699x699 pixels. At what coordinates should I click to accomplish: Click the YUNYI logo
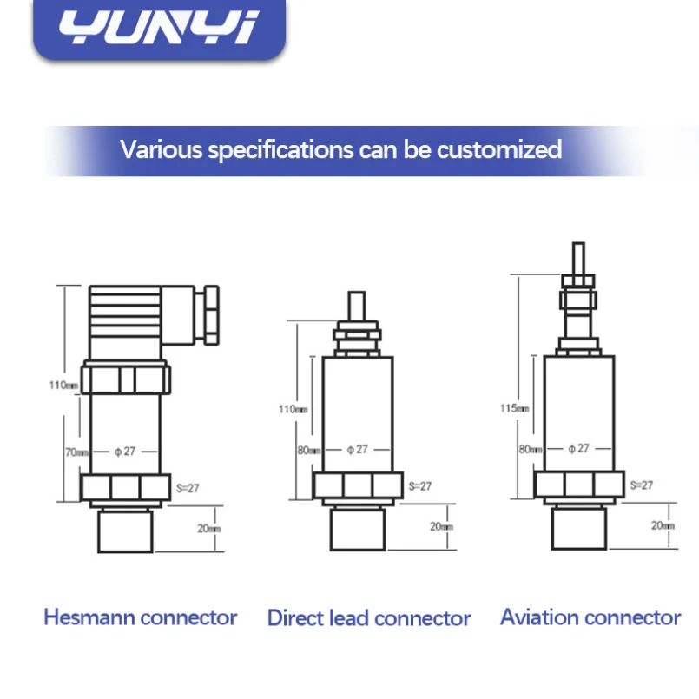pos(159,28)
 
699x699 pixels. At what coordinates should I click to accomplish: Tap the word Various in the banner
pos(162,149)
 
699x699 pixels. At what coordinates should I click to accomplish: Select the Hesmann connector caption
pos(141,617)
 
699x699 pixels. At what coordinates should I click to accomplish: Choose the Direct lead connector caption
pos(369,618)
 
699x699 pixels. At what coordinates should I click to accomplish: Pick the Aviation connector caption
pos(590,617)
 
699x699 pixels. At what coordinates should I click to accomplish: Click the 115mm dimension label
pos(514,408)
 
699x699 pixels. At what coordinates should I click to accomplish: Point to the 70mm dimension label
pos(76,452)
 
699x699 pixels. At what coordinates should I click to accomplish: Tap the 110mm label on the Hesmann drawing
pos(63,385)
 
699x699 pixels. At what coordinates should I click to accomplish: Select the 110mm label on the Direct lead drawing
pos(293,409)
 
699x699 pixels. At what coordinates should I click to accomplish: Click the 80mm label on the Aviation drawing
pos(531,449)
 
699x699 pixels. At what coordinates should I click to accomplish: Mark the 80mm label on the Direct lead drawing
pos(309,450)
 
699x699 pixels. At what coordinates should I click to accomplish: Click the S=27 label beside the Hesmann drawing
pos(188,488)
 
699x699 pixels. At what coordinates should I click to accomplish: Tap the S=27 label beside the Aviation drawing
pos(642,485)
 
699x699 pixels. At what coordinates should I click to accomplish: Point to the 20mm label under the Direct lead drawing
pos(441,526)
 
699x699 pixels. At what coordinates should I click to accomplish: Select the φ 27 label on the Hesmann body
pos(125,452)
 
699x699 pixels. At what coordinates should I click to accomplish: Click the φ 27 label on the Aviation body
pos(578,448)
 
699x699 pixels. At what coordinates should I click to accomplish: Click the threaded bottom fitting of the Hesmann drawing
pos(125,531)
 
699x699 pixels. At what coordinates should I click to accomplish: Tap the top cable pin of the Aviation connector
pos(578,259)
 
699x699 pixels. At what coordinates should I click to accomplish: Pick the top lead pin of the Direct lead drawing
pos(357,306)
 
